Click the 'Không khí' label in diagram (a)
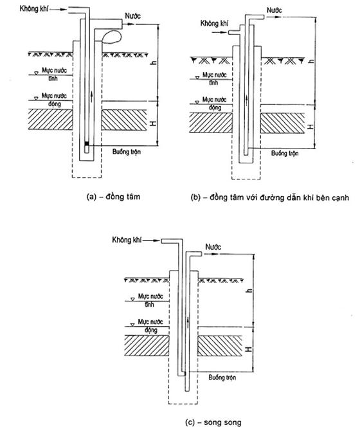(x=34, y=9)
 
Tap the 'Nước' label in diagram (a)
(x=132, y=16)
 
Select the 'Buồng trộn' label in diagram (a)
(x=127, y=151)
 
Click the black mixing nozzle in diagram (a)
(x=87, y=143)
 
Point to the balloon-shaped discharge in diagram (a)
(x=112, y=37)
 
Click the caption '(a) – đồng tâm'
(x=113, y=196)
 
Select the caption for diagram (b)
(x=269, y=197)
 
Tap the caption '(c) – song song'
(x=213, y=422)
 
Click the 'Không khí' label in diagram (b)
(x=214, y=23)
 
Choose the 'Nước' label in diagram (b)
(x=274, y=10)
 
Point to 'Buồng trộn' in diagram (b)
(x=285, y=153)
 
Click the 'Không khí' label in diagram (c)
(x=127, y=240)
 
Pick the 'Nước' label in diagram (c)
(x=213, y=247)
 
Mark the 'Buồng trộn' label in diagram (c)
(x=222, y=377)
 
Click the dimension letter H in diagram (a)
(x=154, y=123)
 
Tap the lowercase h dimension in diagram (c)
(x=249, y=291)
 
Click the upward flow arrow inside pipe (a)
(x=91, y=97)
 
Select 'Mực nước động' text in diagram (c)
(x=150, y=325)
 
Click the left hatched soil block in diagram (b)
(x=211, y=123)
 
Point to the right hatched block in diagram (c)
(x=220, y=345)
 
